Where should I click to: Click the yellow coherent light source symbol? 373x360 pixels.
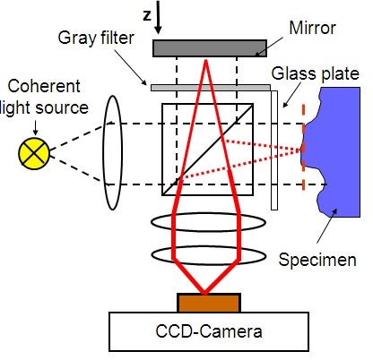[35, 153]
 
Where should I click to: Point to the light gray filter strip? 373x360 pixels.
[211, 87]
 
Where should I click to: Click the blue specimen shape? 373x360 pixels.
[336, 134]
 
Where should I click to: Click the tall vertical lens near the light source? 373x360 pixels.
[113, 153]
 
